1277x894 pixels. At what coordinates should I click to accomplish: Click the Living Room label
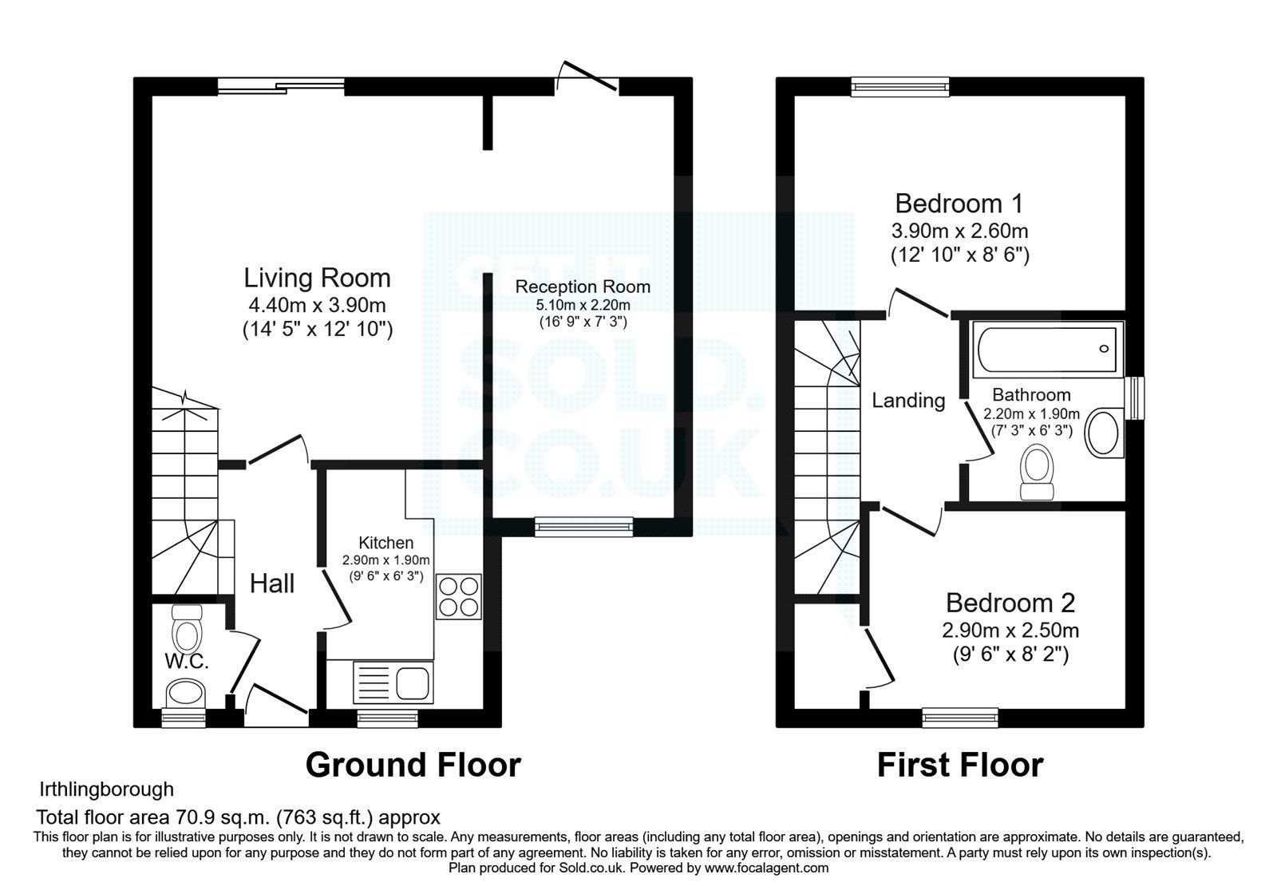point(317,278)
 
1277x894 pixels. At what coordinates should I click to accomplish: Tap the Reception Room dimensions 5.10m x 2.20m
point(583,305)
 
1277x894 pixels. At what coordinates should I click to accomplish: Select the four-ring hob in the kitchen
point(459,596)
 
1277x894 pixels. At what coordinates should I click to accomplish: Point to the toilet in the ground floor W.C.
point(188,630)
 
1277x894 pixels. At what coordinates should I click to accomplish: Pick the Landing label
point(908,400)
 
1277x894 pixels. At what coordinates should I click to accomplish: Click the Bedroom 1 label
point(959,203)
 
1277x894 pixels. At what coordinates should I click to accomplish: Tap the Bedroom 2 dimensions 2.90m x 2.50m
point(1010,630)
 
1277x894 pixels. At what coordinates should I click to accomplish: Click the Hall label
point(272,583)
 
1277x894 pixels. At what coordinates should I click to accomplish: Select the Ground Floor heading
point(413,765)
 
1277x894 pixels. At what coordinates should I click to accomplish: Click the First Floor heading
point(959,765)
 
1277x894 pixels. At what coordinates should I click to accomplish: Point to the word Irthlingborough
point(106,789)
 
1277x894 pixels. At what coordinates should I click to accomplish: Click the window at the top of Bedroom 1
point(899,86)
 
